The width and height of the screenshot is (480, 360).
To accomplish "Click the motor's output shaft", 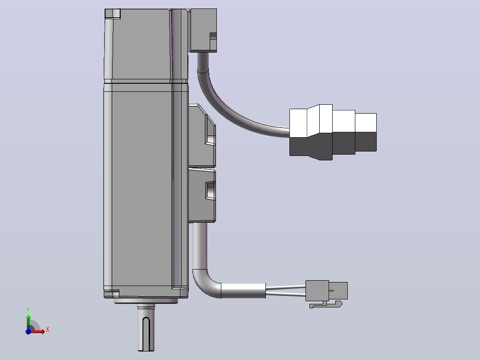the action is [x=146, y=328].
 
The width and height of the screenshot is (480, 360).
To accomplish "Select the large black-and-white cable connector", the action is [x=333, y=132].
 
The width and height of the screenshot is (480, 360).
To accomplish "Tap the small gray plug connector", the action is [x=326, y=290].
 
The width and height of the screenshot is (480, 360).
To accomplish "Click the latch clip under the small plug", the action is [x=325, y=305].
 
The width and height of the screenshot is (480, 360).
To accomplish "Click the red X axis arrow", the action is [x=37, y=331].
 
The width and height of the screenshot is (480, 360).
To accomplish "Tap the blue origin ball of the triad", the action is [x=28, y=331].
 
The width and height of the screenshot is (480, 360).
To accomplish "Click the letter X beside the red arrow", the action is [x=48, y=330].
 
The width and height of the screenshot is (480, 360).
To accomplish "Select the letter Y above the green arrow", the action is [x=28, y=310].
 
